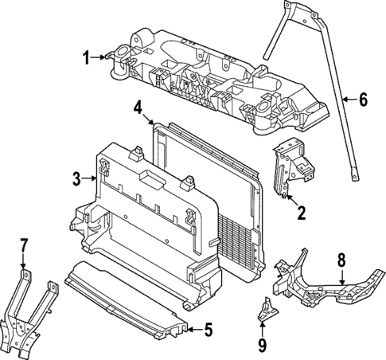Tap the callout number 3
click(x=76, y=181)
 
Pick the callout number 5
click(x=208, y=327)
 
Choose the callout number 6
click(x=363, y=100)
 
